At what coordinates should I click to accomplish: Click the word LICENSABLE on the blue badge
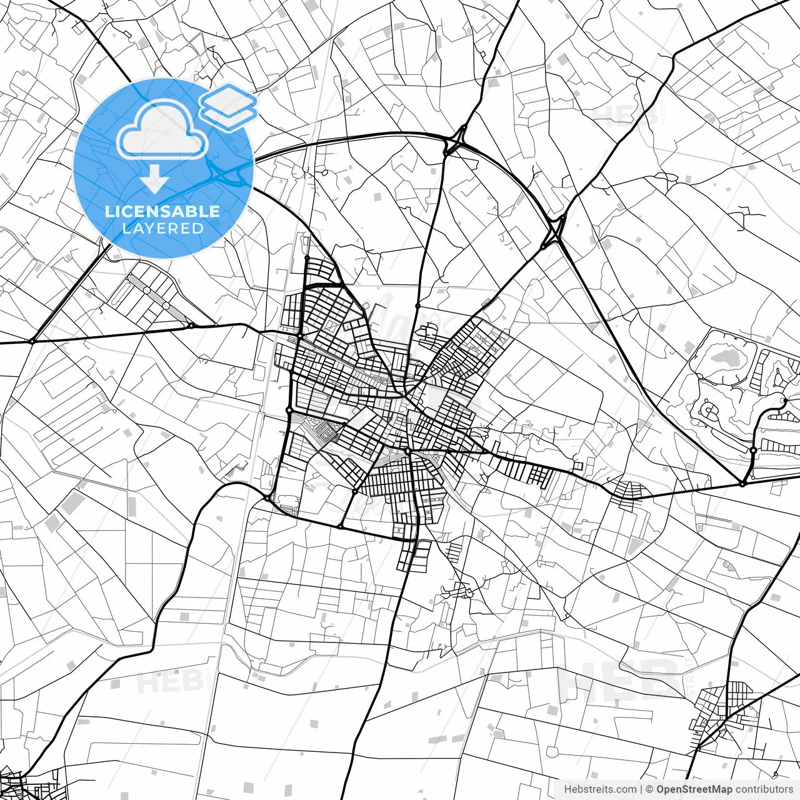click(x=162, y=211)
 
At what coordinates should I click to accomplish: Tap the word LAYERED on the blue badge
click(x=162, y=228)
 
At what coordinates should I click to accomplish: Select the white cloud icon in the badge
click(x=162, y=129)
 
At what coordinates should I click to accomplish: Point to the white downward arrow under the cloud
click(x=154, y=181)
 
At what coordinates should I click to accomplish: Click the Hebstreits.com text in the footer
click(x=600, y=789)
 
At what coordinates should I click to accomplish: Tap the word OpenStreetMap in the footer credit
click(x=694, y=789)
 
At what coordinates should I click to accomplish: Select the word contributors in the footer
click(x=764, y=789)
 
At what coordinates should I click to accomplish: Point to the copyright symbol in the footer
click(x=649, y=789)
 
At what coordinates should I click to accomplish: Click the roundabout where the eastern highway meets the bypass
click(x=742, y=483)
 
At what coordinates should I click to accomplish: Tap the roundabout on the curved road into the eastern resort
click(x=754, y=450)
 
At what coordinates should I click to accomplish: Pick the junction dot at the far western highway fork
click(x=31, y=341)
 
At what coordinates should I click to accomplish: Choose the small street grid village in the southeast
click(x=725, y=703)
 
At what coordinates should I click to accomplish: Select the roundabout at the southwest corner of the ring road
click(x=267, y=498)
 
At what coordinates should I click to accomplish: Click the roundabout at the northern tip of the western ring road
click(x=307, y=257)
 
